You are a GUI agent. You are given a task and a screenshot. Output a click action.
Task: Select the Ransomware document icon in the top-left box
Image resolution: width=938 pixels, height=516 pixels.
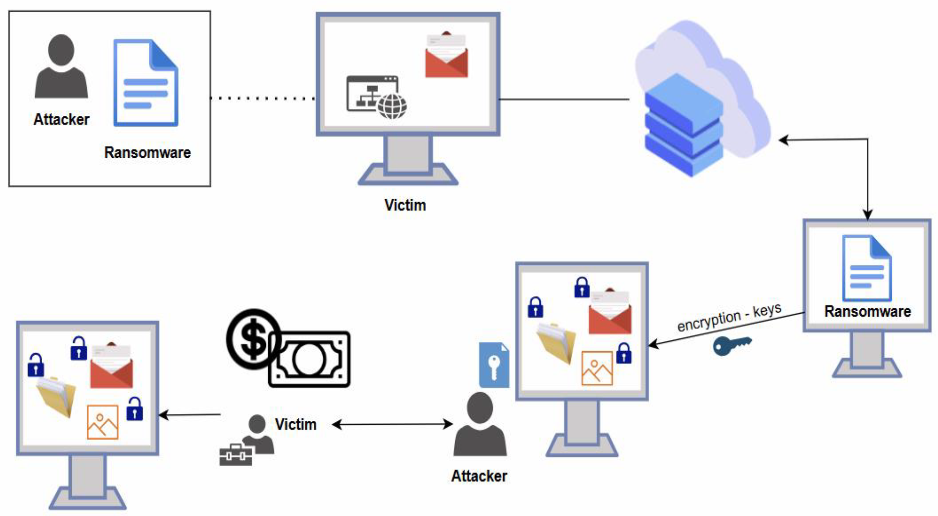point(145,83)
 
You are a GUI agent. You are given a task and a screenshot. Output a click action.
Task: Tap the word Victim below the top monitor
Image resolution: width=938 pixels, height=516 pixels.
point(405,205)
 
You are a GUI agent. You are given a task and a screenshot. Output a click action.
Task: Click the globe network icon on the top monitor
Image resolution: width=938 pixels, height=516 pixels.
point(392,106)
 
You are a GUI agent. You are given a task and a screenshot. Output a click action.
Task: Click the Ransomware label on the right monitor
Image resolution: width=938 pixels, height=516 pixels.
point(867,312)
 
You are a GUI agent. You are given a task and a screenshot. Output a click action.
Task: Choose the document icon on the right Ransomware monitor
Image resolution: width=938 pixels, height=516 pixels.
point(867,268)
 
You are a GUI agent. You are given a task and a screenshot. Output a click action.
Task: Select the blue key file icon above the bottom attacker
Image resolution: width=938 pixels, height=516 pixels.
point(494,365)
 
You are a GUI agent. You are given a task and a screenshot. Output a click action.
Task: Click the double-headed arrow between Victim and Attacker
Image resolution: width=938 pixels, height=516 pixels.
point(392,424)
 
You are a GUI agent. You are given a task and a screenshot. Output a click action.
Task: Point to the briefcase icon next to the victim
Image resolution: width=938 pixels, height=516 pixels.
point(236,455)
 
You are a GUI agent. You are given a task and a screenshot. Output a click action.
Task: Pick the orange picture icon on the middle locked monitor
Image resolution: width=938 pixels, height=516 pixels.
point(597,368)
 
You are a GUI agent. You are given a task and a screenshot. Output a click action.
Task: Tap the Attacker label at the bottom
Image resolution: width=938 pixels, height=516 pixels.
point(479,476)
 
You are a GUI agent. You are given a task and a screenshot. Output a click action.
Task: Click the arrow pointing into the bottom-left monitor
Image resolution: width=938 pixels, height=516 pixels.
point(189,415)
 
